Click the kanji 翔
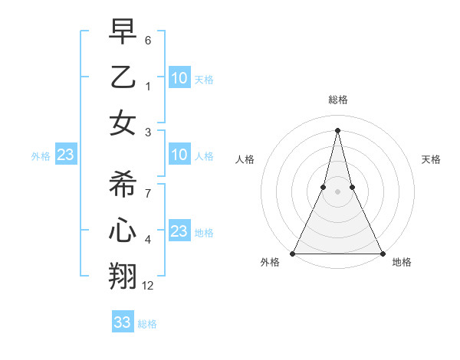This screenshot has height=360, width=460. tap(123, 276)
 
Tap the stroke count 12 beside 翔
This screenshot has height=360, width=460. tap(148, 286)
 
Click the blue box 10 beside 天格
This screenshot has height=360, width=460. tap(179, 77)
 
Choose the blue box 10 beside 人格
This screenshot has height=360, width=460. tap(179, 155)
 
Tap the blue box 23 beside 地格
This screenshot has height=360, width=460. tap(179, 231)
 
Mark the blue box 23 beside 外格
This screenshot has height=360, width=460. tap(66, 155)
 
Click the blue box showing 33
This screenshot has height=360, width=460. tap(123, 322)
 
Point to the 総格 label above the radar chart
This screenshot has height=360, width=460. tap(337, 100)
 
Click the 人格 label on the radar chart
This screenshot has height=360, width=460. tap(245, 159)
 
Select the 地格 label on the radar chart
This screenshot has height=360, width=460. tap(402, 262)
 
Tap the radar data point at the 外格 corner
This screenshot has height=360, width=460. tap(293, 254)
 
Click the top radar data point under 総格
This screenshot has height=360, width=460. tap(337, 129)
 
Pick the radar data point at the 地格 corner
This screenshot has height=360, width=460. tap(382, 254)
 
